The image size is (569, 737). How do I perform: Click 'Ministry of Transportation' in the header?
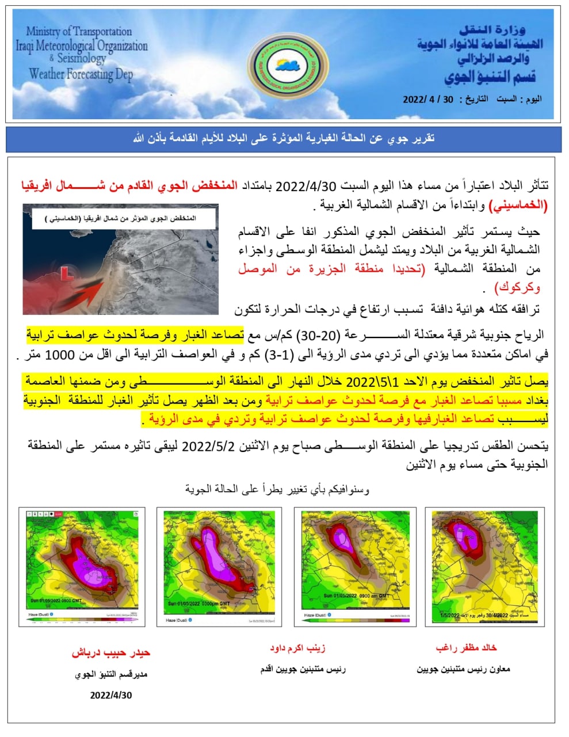tap(79, 31)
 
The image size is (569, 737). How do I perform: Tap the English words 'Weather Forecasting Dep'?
tap(81, 74)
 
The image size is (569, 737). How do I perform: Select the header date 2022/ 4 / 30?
tap(428, 99)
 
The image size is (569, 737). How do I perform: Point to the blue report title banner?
tap(284, 139)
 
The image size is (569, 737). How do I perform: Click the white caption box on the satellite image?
tap(121, 219)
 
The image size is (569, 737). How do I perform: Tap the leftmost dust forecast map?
tap(82, 567)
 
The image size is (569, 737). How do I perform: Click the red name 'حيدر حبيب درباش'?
tap(110, 653)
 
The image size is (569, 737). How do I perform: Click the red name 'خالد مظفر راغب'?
tap(466, 648)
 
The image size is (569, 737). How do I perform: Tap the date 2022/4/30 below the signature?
tap(110, 695)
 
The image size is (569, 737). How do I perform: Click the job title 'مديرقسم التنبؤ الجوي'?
tap(110, 674)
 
